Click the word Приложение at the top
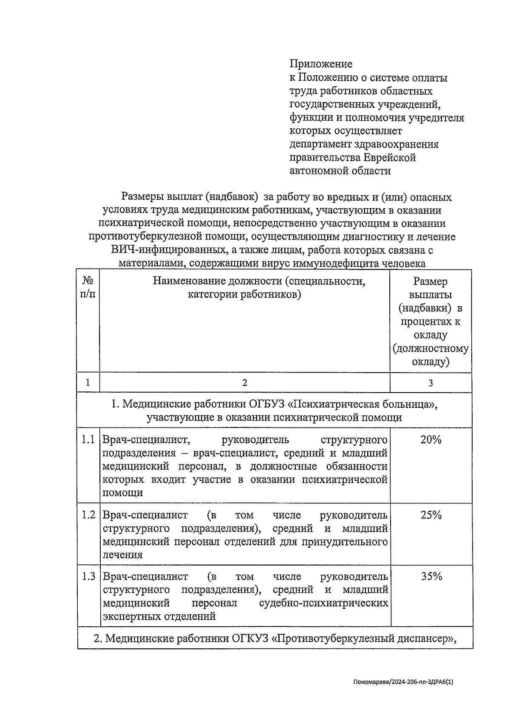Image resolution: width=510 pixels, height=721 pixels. (321, 64)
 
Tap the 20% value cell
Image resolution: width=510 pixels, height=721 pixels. (431, 440)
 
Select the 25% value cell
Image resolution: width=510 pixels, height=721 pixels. (431, 515)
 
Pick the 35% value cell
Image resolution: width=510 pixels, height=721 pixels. (431, 577)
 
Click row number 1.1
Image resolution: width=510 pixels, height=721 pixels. (88, 440)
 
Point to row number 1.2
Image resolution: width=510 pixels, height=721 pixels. (88, 515)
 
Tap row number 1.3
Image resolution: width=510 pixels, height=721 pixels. (88, 577)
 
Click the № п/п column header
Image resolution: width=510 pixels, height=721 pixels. (88, 288)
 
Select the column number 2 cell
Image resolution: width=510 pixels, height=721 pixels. (244, 383)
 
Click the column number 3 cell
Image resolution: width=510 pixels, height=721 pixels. (431, 383)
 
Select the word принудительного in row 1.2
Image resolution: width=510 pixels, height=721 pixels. (345, 542)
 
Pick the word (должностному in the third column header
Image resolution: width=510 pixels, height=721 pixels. (431, 349)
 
